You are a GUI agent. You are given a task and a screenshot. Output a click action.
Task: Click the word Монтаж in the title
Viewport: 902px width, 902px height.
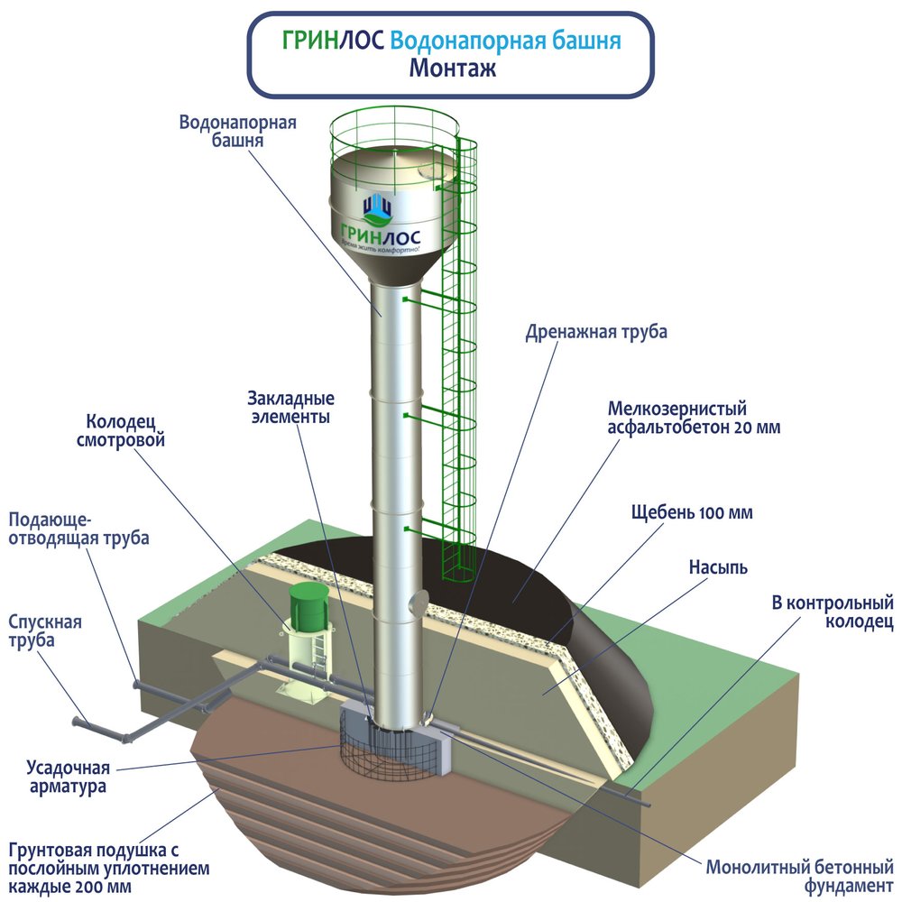pyautogui.click(x=452, y=69)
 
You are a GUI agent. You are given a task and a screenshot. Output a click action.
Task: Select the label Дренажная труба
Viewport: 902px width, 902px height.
pyautogui.click(x=596, y=333)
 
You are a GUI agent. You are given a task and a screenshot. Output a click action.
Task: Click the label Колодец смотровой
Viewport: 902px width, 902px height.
pyautogui.click(x=121, y=431)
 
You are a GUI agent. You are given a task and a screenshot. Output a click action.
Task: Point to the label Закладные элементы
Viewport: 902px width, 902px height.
pyautogui.click(x=291, y=408)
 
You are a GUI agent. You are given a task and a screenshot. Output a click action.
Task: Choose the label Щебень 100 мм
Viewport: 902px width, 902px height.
pyautogui.click(x=692, y=512)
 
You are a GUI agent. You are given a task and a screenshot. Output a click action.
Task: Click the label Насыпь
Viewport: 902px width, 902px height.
pyautogui.click(x=719, y=567)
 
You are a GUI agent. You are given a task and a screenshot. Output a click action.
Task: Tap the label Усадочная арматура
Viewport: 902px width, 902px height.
pyautogui.click(x=68, y=777)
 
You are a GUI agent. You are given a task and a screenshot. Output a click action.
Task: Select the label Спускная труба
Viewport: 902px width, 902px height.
pyautogui.click(x=45, y=631)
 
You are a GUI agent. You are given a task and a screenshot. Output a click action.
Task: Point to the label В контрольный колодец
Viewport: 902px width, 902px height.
pyautogui.click(x=833, y=612)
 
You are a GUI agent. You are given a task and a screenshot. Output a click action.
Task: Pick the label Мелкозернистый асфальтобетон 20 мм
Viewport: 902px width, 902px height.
pyautogui.click(x=695, y=419)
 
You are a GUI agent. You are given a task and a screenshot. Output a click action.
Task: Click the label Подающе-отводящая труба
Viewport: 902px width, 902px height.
pyautogui.click(x=78, y=529)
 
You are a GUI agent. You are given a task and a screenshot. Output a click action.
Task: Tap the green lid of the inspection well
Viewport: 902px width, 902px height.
pyautogui.click(x=308, y=607)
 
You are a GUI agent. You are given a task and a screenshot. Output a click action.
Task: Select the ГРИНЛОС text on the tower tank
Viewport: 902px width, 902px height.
pyautogui.click(x=380, y=235)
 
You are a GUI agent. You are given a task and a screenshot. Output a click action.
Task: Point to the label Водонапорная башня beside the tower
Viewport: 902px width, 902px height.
pyautogui.click(x=237, y=131)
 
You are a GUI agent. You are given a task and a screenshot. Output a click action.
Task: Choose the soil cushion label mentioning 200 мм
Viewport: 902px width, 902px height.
pyautogui.click(x=109, y=869)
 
